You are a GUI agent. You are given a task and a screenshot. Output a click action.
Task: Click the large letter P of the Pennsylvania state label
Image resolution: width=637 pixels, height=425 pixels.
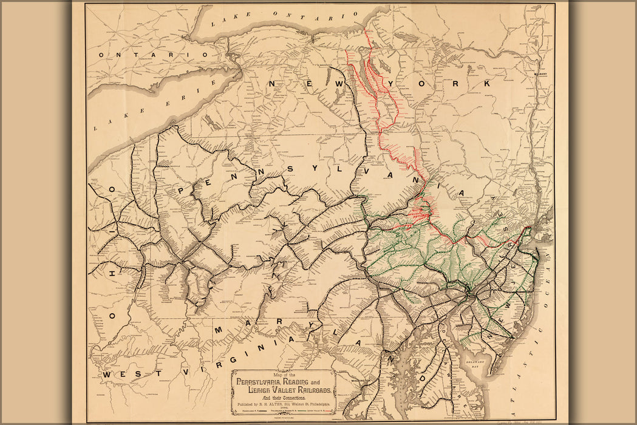pyautogui.click(x=181, y=190)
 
